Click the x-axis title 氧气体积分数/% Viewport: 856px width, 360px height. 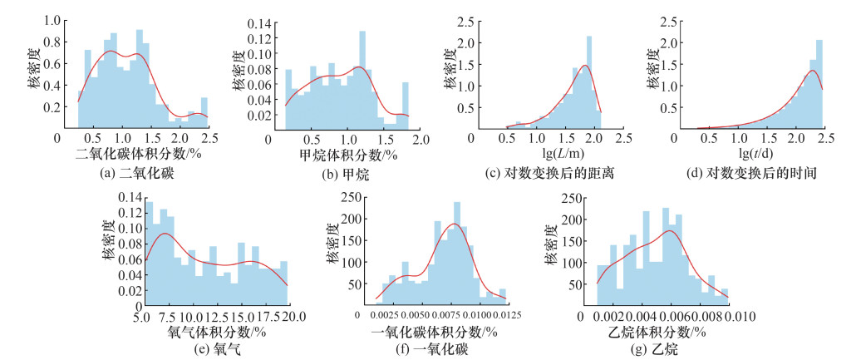pos(218,332)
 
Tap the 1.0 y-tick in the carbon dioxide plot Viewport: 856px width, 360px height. pos(50,18)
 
